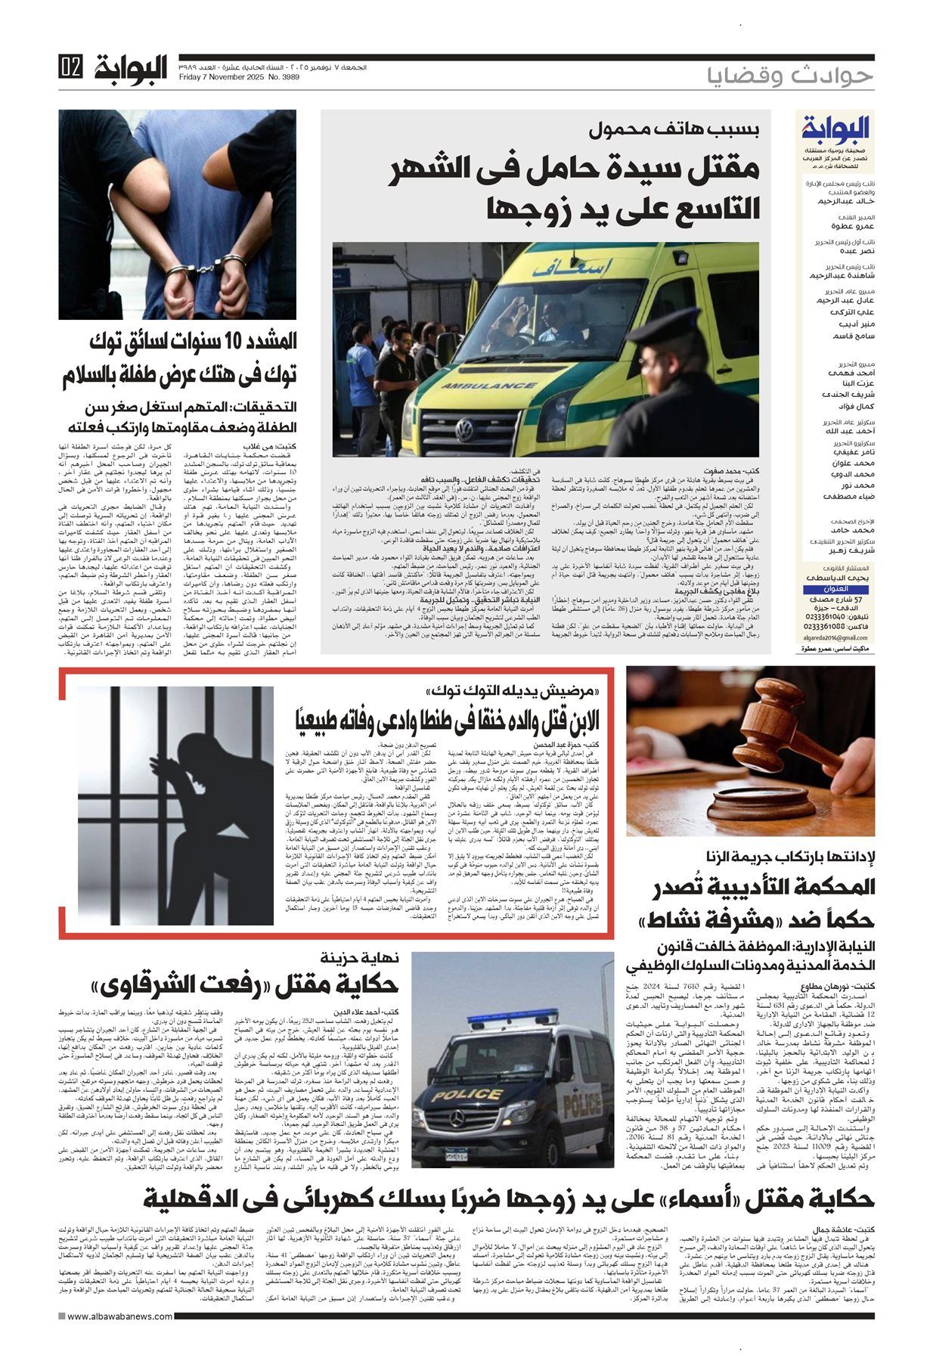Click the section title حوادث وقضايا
790,76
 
